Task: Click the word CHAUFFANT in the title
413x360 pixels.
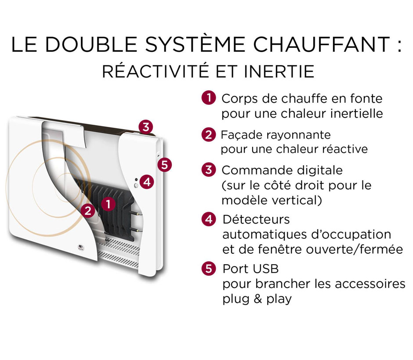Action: tap(321, 44)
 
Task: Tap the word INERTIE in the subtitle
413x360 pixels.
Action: tap(279, 71)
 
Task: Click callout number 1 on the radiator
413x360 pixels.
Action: tap(108, 204)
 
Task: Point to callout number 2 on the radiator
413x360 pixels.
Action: tap(88, 211)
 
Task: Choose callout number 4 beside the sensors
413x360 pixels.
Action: tap(147, 182)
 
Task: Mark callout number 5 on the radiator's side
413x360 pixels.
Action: tap(165, 165)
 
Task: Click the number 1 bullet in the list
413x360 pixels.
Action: tap(209, 98)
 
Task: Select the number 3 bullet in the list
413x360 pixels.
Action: tap(209, 170)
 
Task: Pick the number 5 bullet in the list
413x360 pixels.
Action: tap(209, 269)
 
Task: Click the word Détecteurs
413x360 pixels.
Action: tap(256, 220)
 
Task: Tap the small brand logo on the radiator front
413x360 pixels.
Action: tap(80, 247)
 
